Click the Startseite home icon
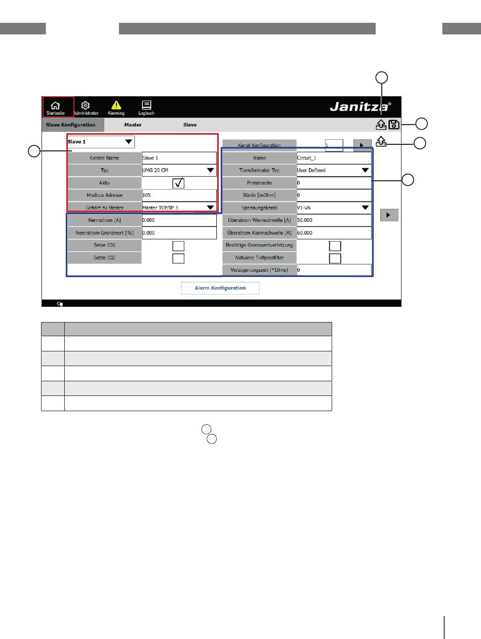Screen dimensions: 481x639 (x=55, y=105)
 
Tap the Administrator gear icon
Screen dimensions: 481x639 (x=85, y=105)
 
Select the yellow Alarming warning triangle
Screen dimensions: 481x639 (x=116, y=105)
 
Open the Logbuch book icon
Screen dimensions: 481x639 (x=146, y=105)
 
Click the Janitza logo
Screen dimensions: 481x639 (x=360, y=106)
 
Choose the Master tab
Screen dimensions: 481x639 (x=133, y=125)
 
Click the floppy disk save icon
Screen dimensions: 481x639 (x=394, y=125)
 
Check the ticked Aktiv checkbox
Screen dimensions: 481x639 (x=178, y=183)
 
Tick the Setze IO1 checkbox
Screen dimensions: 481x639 (x=178, y=246)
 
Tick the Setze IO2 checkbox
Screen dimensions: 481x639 (x=178, y=258)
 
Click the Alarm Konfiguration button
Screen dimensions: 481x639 (x=220, y=288)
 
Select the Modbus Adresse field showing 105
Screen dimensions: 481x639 (x=179, y=195)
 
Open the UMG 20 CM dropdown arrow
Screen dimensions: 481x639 (x=211, y=170)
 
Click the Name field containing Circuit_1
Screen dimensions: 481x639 (x=334, y=158)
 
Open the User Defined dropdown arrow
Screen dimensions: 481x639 (x=365, y=170)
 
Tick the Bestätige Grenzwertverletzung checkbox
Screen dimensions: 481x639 (x=335, y=246)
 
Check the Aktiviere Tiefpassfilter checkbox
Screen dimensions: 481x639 (x=335, y=258)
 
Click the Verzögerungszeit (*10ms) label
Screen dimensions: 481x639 (x=259, y=270)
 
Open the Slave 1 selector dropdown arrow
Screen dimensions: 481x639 (x=129, y=142)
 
